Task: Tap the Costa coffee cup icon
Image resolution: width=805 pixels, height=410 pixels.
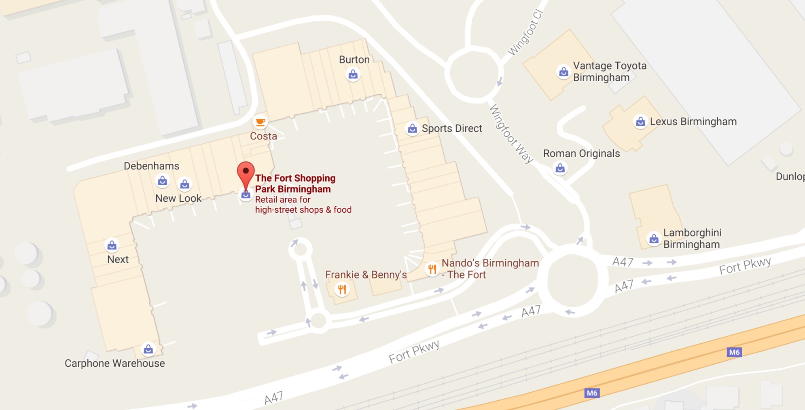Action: (260, 121)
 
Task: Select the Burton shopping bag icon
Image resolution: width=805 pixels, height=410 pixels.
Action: (353, 74)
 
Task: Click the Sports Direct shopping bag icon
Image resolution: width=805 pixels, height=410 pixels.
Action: (412, 129)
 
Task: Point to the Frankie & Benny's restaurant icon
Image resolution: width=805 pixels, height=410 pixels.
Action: (342, 289)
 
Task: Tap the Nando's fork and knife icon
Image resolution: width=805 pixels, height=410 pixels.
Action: (432, 268)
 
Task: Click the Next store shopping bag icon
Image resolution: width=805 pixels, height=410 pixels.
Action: (112, 245)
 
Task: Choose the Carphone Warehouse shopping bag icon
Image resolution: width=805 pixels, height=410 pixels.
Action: (148, 349)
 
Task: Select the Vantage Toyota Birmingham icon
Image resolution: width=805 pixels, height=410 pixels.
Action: (563, 72)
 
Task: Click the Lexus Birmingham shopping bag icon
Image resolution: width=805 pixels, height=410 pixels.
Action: (640, 121)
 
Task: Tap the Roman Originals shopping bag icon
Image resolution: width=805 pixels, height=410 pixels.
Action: (560, 168)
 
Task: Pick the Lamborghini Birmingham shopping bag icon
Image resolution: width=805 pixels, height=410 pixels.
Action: (654, 239)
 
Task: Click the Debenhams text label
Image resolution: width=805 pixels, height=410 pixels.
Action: (151, 166)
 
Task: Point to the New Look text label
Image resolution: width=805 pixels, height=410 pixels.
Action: (178, 198)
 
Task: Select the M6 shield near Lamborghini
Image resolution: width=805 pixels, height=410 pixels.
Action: (734, 352)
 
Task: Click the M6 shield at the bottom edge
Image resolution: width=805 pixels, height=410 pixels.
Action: (592, 393)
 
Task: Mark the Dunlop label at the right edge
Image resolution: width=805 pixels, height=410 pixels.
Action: (790, 176)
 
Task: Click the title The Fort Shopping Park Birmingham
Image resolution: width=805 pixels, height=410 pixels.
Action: (295, 184)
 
